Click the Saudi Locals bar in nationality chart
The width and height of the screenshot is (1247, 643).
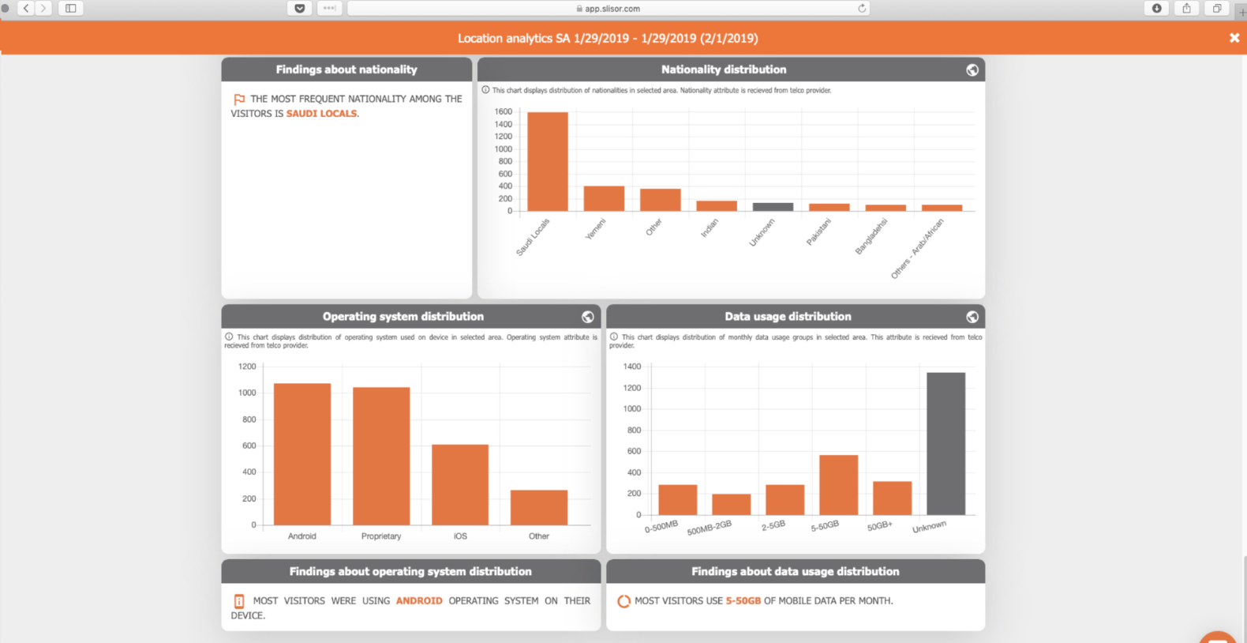point(548,161)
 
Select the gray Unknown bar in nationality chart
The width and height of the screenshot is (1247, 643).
point(773,207)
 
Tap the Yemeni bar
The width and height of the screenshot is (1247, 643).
point(604,198)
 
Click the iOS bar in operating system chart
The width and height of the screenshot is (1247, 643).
point(460,484)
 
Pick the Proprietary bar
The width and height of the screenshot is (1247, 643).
point(381,456)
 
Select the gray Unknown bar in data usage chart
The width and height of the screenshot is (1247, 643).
point(946,443)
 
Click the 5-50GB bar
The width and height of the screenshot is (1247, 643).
point(838,485)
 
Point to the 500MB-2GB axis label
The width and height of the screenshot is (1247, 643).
point(709,528)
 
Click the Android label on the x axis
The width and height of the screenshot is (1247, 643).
point(301,536)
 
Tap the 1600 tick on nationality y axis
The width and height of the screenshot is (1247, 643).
point(503,111)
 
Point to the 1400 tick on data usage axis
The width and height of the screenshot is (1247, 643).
point(631,367)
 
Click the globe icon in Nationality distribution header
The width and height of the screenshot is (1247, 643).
point(972,70)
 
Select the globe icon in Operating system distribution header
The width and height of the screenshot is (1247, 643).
point(588,317)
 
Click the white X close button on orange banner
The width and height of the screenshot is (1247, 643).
point(1234,38)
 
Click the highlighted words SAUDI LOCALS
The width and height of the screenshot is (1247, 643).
point(321,114)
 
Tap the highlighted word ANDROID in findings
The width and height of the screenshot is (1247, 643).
point(419,601)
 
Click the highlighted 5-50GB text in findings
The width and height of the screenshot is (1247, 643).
point(743,601)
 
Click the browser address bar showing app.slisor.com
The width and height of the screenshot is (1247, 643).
point(608,9)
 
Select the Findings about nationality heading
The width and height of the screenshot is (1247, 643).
point(346,70)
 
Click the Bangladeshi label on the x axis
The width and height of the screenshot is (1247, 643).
point(871,236)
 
